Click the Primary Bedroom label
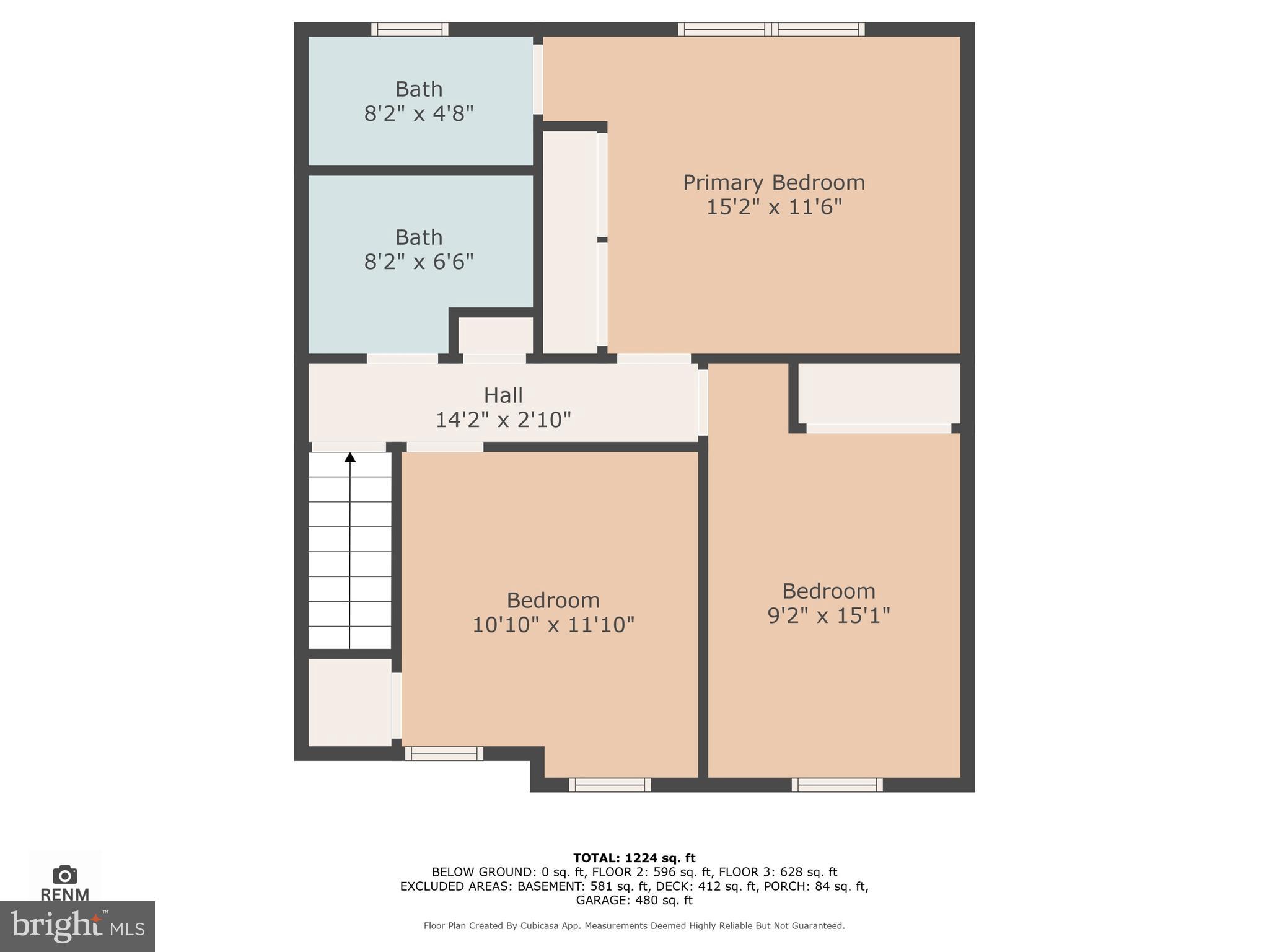(773, 182)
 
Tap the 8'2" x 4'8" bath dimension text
(419, 114)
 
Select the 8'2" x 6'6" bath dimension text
(419, 262)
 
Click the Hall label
(503, 395)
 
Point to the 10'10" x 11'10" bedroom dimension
(553, 625)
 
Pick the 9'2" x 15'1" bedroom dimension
(828, 615)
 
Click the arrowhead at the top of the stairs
(350, 457)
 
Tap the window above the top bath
(410, 29)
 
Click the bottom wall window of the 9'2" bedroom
(837, 785)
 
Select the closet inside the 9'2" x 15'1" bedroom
(878, 394)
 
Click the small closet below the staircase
(350, 702)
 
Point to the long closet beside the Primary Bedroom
(570, 242)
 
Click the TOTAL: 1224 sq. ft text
(634, 858)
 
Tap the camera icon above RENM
(64, 875)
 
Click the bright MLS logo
(77, 927)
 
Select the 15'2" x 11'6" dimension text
(774, 207)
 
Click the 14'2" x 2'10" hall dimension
(503, 420)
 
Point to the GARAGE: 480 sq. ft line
(634, 900)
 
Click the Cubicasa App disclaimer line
(634, 926)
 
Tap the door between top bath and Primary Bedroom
(538, 79)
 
